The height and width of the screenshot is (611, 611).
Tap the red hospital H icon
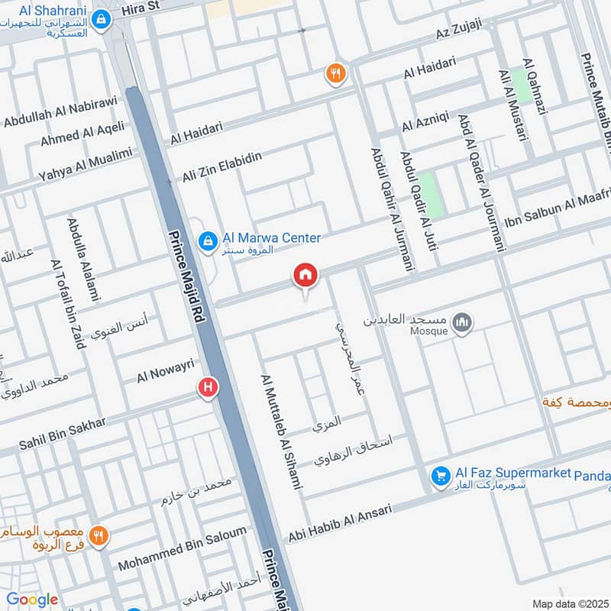207,388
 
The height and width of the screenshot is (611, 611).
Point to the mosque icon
461,323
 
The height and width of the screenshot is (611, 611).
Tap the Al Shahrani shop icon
99,18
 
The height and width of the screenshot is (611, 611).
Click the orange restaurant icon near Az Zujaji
335,74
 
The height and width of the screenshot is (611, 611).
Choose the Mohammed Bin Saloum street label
183,549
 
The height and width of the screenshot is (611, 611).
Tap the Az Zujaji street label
459,31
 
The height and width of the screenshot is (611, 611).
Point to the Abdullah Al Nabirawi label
60,112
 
